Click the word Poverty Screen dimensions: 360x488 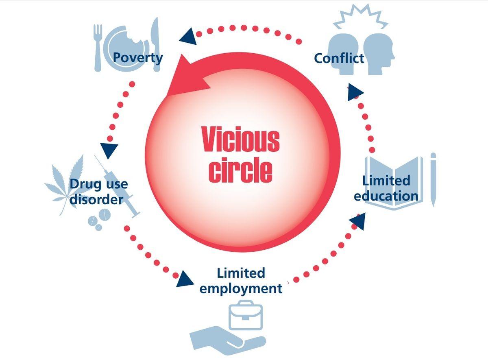click(x=137, y=57)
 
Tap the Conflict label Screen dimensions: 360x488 click(x=339, y=58)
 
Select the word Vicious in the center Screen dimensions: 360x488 click(x=241, y=139)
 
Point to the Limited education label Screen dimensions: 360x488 click(x=386, y=188)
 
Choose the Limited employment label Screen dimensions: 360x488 click(x=241, y=281)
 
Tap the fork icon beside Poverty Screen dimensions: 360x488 click(x=98, y=47)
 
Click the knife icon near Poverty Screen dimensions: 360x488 click(x=155, y=45)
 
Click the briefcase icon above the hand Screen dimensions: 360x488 click(x=246, y=315)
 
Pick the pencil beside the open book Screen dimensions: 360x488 click(x=433, y=179)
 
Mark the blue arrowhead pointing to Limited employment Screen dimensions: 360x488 click(x=185, y=279)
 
